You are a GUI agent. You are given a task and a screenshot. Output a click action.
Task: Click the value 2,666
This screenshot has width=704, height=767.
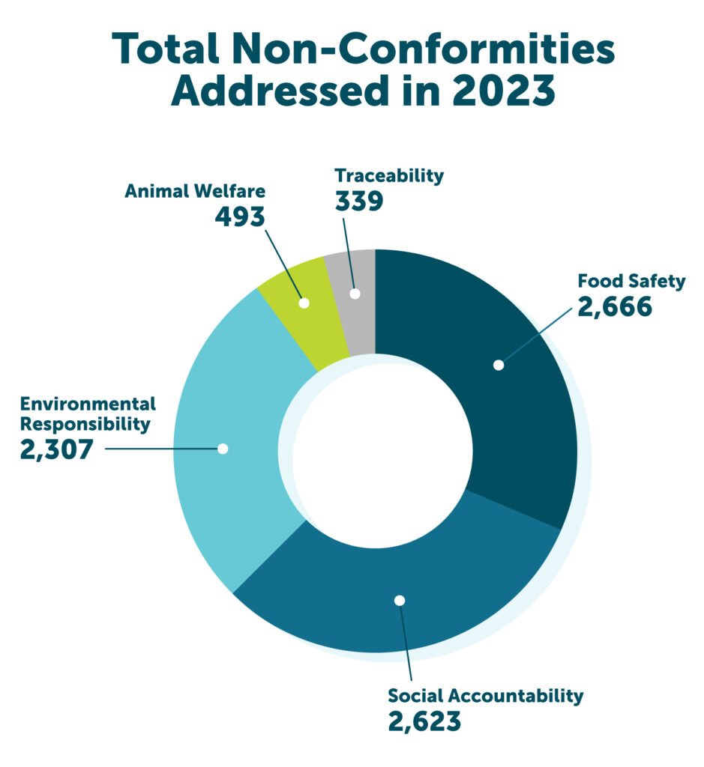(x=614, y=307)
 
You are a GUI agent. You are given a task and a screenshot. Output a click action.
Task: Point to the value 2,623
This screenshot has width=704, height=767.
(x=424, y=721)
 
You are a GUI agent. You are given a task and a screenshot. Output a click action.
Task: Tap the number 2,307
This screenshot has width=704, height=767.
(x=57, y=450)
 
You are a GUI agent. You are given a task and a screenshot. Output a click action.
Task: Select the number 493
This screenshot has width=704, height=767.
(x=240, y=216)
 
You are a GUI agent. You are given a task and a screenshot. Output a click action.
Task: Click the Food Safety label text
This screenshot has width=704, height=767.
(x=631, y=282)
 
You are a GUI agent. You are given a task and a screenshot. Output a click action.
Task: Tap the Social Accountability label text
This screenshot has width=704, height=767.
(x=485, y=695)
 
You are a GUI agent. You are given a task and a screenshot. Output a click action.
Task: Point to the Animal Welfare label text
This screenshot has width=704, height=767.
(x=195, y=191)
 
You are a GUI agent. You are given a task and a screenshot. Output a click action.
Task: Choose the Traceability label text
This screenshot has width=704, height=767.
(x=389, y=176)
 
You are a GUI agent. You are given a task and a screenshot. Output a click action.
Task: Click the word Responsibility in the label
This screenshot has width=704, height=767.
(x=85, y=424)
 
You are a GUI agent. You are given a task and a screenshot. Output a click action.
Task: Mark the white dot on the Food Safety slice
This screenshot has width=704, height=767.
(x=498, y=365)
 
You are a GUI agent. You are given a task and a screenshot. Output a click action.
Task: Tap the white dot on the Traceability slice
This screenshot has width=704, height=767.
(x=355, y=294)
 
